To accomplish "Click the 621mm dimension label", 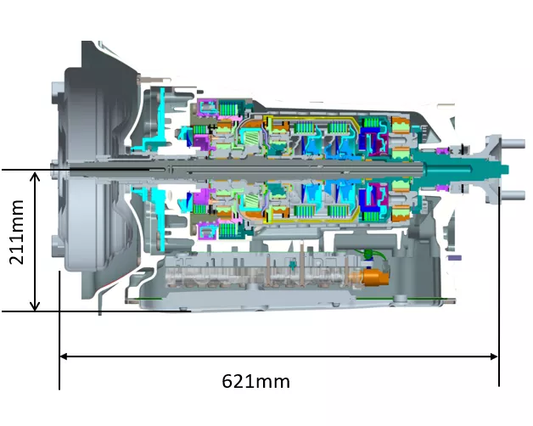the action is [x=255, y=381].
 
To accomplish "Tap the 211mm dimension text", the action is [x=16, y=233].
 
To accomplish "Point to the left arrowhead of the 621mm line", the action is [x=64, y=356].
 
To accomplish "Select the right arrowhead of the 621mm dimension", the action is [x=494, y=356].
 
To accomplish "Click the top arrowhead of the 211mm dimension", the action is [x=35, y=177].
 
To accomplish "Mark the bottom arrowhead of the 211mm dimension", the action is [x=35, y=305].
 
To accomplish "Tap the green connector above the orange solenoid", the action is [x=367, y=254].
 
